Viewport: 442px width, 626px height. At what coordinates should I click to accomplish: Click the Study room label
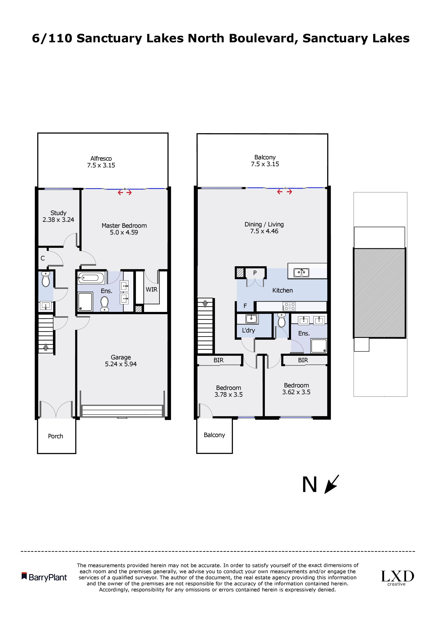(x=58, y=213)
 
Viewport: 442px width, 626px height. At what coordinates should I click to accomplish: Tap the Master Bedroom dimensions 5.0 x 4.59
(x=124, y=233)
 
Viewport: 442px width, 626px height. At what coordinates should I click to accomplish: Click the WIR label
(x=151, y=290)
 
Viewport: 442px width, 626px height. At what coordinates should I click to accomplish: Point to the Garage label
(x=121, y=357)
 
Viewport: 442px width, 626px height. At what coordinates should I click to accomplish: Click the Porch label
(x=56, y=436)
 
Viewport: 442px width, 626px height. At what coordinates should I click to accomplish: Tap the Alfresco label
(x=101, y=158)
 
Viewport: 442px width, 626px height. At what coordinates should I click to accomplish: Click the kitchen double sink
(x=301, y=272)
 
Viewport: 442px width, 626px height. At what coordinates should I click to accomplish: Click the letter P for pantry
(x=255, y=273)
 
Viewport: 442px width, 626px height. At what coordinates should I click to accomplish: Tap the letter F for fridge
(x=245, y=306)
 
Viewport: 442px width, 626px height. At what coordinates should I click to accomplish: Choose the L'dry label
(x=248, y=330)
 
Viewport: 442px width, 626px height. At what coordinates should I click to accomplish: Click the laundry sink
(x=252, y=319)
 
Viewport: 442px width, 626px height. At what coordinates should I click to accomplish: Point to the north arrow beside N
(x=332, y=484)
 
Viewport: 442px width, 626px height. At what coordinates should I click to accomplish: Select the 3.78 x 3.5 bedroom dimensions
(x=228, y=395)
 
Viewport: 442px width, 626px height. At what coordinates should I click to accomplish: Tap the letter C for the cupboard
(x=43, y=258)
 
